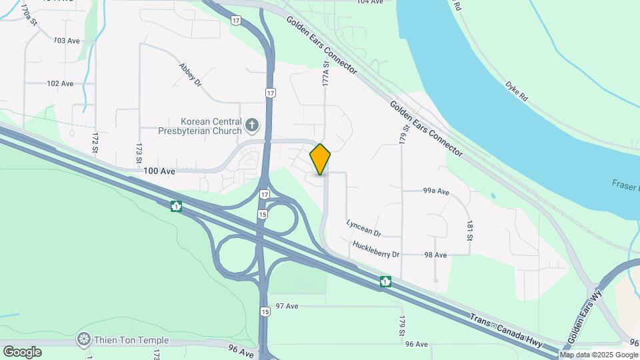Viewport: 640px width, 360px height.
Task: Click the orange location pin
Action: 321,159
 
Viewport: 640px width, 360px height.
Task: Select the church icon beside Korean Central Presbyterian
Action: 252,124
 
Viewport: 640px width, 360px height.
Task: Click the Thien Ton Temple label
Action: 131,340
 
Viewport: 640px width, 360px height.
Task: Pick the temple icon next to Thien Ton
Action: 84,340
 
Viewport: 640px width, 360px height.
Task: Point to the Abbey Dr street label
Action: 190,75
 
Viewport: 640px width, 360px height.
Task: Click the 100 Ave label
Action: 159,171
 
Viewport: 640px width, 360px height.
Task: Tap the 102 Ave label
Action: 60,83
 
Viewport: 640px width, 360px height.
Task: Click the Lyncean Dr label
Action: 364,229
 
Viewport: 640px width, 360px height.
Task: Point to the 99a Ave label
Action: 436,192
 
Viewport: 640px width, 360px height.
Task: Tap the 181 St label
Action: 470,230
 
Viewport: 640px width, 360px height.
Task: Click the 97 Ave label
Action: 287,306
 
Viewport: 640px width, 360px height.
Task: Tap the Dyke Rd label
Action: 517,91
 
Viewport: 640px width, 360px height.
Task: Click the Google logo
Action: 22,351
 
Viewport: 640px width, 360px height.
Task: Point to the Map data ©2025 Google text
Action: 598,355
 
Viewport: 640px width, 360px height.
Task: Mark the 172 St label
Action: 95,141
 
